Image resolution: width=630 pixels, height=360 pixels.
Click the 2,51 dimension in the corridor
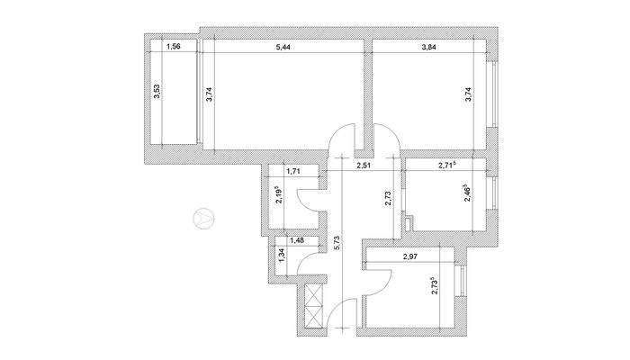click(364, 166)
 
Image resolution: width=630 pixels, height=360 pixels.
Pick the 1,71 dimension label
click(292, 170)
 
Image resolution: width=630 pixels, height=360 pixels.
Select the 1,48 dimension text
click(296, 240)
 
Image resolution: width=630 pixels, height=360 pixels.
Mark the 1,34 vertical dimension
click(282, 255)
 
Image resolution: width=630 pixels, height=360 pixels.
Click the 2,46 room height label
click(468, 192)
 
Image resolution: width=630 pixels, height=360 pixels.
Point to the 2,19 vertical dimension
click(279, 195)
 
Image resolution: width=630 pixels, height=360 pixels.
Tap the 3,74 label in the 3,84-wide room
click(468, 94)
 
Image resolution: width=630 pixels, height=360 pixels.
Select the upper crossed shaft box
click(313, 296)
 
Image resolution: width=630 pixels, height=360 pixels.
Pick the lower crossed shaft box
click(313, 317)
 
